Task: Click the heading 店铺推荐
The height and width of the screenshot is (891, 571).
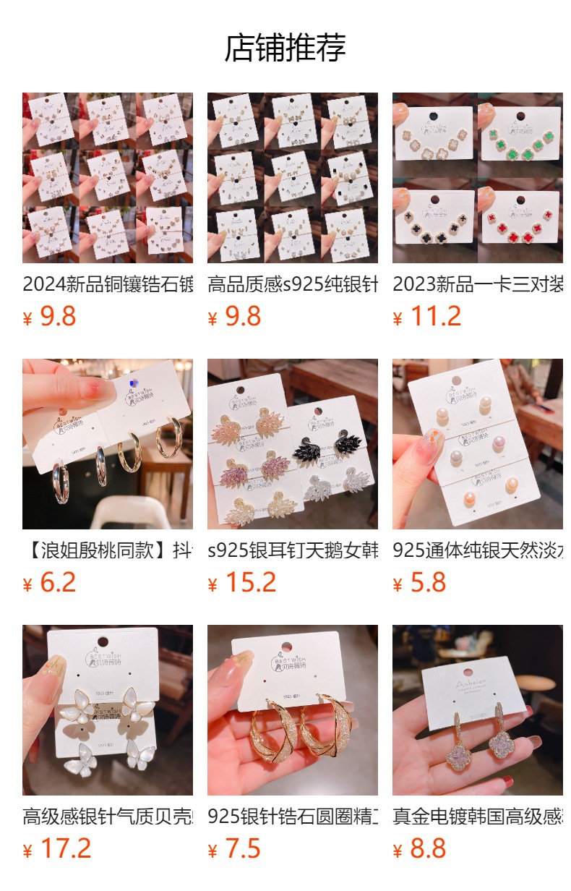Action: pos(285,48)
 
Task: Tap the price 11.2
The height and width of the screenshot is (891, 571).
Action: pos(435,317)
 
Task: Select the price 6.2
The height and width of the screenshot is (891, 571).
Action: pos(58,583)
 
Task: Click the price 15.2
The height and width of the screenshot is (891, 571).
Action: pos(250,583)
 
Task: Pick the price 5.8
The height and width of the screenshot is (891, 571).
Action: pos(428,583)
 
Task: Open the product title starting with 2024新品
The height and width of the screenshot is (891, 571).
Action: pos(107,284)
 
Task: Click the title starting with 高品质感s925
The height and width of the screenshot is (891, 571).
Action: pos(292,284)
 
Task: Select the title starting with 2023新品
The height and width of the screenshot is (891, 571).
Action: pos(477,284)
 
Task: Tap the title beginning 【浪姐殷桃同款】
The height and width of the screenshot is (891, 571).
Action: pos(107,550)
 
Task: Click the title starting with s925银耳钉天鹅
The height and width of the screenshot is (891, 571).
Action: pos(292,550)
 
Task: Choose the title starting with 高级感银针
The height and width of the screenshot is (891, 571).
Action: pos(107,817)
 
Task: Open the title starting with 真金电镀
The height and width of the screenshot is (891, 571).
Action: pos(477,817)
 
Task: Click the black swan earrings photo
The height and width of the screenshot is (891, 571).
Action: pos(332,441)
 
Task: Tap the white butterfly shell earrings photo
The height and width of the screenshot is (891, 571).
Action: pos(107,710)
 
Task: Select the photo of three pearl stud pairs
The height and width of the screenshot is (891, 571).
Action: pos(477,444)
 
